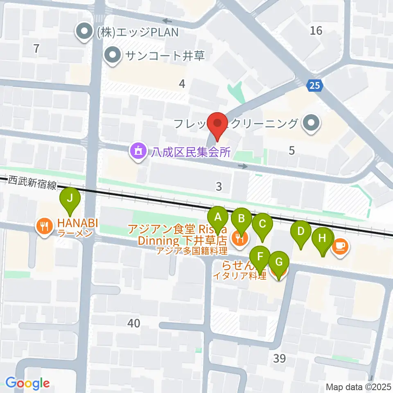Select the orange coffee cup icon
coord(341,246)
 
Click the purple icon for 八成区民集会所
coord(138,152)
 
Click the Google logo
coord(27,384)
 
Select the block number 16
coord(316,30)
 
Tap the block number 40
coord(134,323)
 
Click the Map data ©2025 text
coord(359,386)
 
